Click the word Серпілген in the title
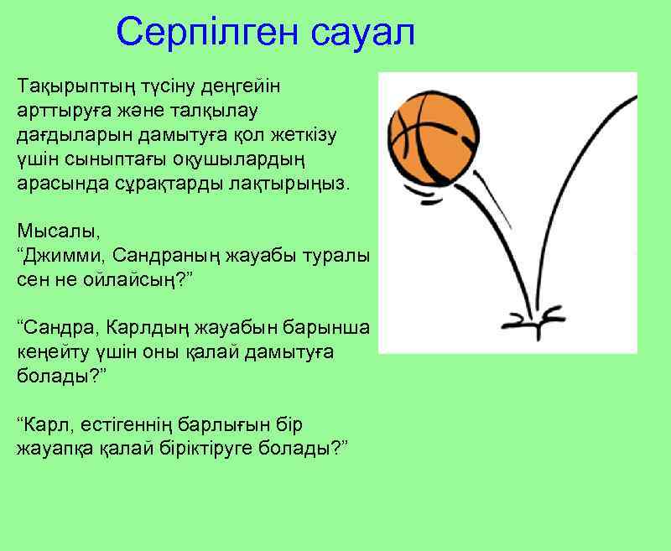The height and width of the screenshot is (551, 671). coord(207,33)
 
